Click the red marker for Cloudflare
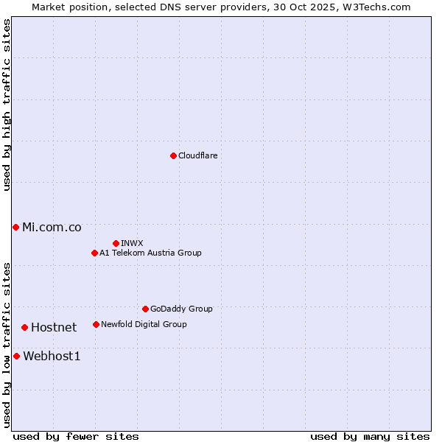coord(173,155)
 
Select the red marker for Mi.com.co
coord(15,227)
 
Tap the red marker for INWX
coord(116,243)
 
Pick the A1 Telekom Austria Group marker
coord(94,253)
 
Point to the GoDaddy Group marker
coord(145,309)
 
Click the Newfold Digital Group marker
coord(96,324)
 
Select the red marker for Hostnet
coord(24,327)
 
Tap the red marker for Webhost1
coord(16,356)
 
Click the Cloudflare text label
coord(198,155)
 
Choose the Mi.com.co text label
coord(52,227)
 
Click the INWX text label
coord(133,243)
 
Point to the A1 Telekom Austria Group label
coord(150,253)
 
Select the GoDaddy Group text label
coord(181,309)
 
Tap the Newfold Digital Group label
coord(144,324)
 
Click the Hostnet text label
coord(54,327)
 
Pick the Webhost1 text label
coord(52,356)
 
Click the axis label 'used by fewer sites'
coord(76,436)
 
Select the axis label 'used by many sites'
coord(370,436)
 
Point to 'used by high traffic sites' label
coord(7,105)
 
